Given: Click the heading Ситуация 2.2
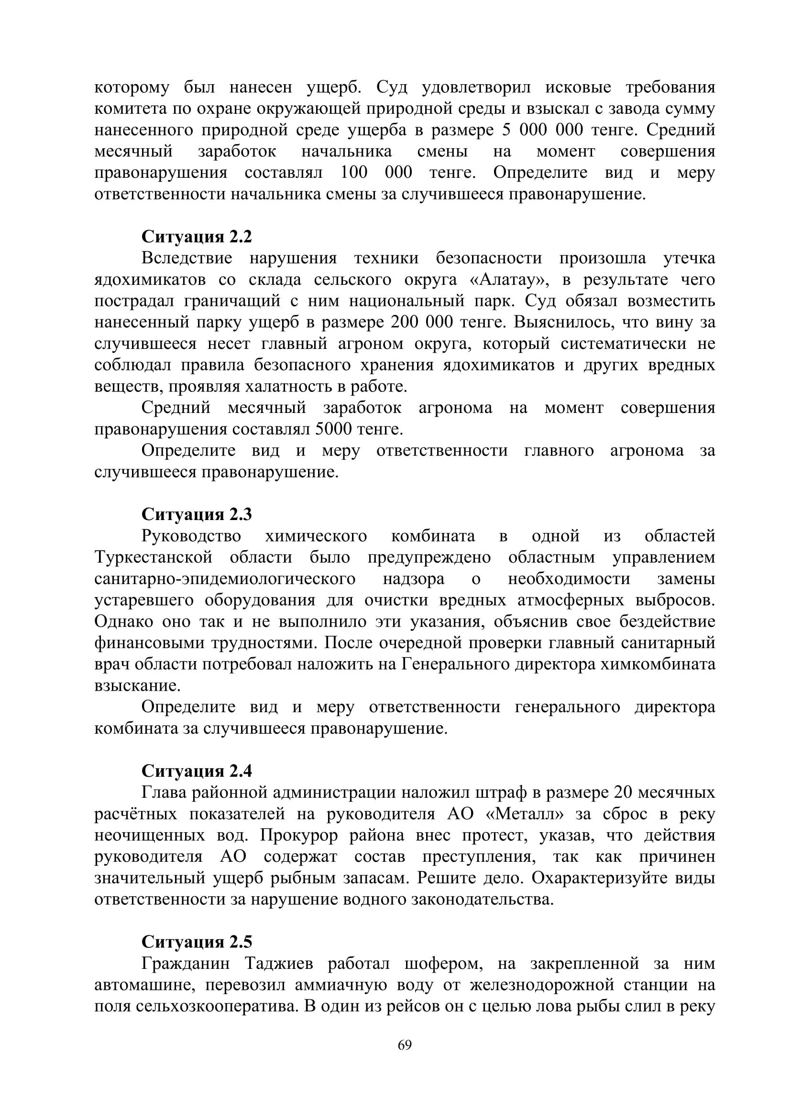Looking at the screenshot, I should (x=197, y=237).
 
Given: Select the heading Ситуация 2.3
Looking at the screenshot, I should (x=197, y=514).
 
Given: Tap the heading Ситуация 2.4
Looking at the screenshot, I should (x=197, y=771).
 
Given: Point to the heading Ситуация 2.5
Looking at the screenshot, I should (x=197, y=942).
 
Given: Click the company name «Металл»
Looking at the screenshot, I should (x=526, y=814).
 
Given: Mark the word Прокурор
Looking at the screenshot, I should (x=298, y=835).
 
